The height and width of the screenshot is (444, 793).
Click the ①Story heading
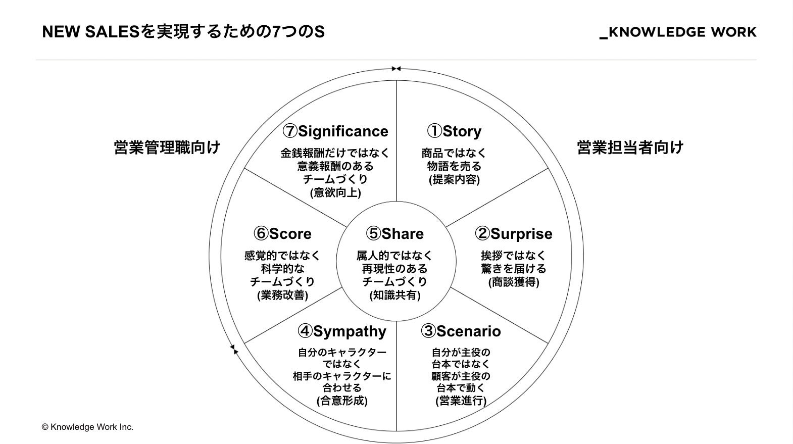454,131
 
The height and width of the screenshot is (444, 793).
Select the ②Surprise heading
513,234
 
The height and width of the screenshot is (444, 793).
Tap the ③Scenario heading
461,331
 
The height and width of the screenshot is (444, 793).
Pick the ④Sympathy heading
342,331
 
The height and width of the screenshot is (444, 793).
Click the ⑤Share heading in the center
395,234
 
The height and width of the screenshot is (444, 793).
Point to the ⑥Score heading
282,234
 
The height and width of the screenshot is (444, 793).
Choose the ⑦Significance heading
335,131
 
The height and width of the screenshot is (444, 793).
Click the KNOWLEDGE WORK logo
678,32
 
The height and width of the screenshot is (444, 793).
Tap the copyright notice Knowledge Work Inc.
87,427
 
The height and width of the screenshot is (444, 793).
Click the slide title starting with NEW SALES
183,32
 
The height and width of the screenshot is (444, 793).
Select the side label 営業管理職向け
167,147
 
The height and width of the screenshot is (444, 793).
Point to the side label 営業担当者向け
630,147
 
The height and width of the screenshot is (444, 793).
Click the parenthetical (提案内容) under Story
454,179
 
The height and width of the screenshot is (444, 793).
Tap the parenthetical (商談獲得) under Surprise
514,282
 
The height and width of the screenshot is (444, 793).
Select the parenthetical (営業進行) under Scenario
461,401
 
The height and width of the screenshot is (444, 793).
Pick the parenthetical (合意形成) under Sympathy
342,401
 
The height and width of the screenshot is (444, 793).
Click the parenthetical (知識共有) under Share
395,295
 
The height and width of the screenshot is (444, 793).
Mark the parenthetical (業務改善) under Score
282,295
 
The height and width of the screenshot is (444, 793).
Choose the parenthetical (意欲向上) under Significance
335,192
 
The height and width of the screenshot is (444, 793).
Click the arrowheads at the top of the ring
396,69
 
